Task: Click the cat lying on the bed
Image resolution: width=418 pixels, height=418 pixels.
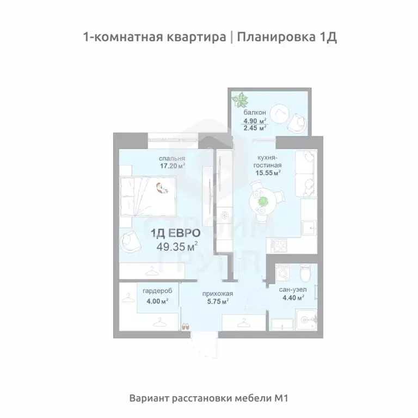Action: (x=162, y=188)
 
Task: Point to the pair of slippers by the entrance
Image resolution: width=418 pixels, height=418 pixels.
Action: (x=185, y=327)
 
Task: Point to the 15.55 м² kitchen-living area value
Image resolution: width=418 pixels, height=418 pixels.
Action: (x=267, y=173)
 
